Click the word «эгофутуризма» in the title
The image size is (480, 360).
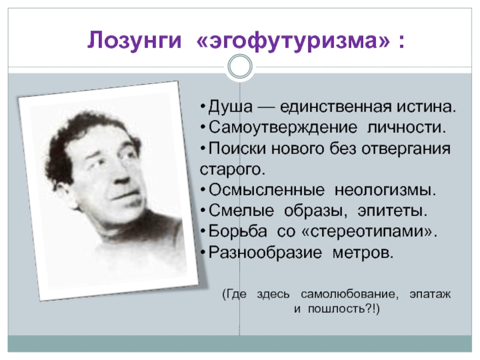pos(293,40)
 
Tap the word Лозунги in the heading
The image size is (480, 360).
pos(134,40)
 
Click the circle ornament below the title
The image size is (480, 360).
pos(240,67)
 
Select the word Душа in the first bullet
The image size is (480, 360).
pos(230,107)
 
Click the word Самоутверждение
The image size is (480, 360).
pos(283,127)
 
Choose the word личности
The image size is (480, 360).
pos(407,127)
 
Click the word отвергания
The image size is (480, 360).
pos(406,149)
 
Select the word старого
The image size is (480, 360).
pos(232,170)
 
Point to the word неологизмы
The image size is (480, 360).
pos(385,190)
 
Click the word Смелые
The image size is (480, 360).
pos(241,211)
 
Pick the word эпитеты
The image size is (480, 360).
pos(392,211)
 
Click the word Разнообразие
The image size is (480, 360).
pos(265,253)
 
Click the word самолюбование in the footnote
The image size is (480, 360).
pos(350,294)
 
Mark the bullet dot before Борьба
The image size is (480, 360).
pos(203,231)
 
